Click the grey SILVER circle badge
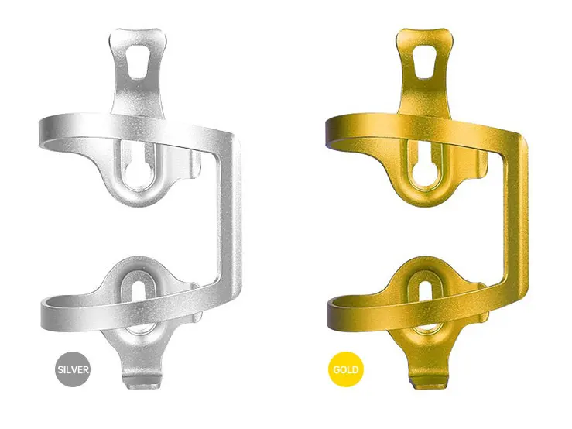click(x=73, y=369)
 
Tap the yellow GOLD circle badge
click(x=346, y=369)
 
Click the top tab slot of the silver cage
click(x=138, y=62)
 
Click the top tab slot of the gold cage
click(x=424, y=62)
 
